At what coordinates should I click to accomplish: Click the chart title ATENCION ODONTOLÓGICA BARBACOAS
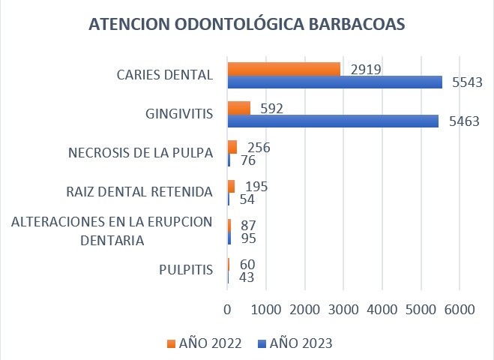(x=247, y=24)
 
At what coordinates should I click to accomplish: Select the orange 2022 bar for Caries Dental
(x=284, y=68)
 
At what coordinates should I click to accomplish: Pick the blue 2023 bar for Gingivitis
(x=333, y=121)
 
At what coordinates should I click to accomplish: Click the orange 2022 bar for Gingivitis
(x=239, y=108)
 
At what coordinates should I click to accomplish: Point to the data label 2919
(x=366, y=70)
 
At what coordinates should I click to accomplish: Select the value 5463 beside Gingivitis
(x=463, y=121)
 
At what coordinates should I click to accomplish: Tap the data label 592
(x=272, y=109)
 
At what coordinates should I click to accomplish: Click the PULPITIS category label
(x=186, y=270)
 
